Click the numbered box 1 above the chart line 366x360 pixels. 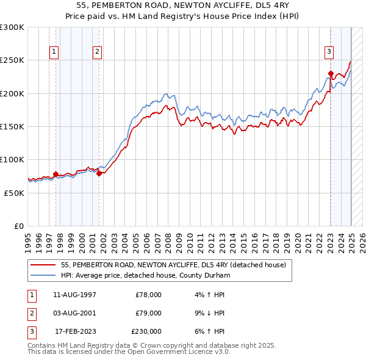tap(54, 52)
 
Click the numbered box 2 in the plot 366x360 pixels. tap(97, 52)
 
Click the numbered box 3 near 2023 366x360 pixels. tap(329, 52)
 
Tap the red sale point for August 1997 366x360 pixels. tap(56, 174)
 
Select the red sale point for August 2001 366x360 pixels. tap(99, 173)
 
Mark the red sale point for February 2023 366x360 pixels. tap(330, 74)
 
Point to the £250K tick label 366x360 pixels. tap(12, 60)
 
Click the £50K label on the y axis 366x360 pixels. tap(14, 193)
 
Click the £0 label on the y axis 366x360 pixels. tap(18, 226)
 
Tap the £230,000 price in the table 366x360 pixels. tap(146, 331)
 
